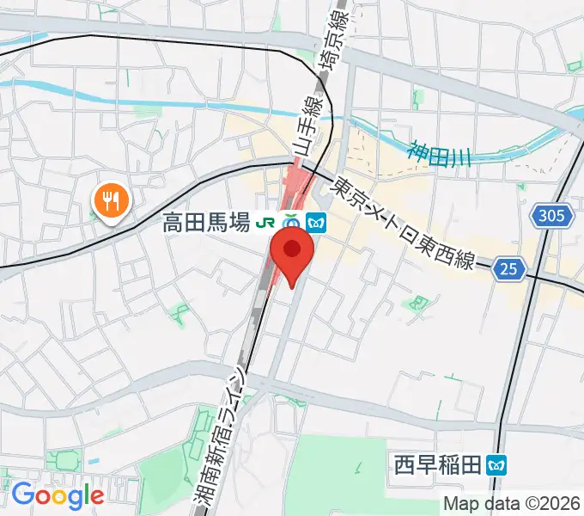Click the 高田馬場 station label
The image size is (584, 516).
[x=206, y=224]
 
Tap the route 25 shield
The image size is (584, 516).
[x=509, y=270]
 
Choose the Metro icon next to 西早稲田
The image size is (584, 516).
[x=496, y=466]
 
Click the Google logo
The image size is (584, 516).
[x=58, y=494]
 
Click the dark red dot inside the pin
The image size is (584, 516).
[x=292, y=249]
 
